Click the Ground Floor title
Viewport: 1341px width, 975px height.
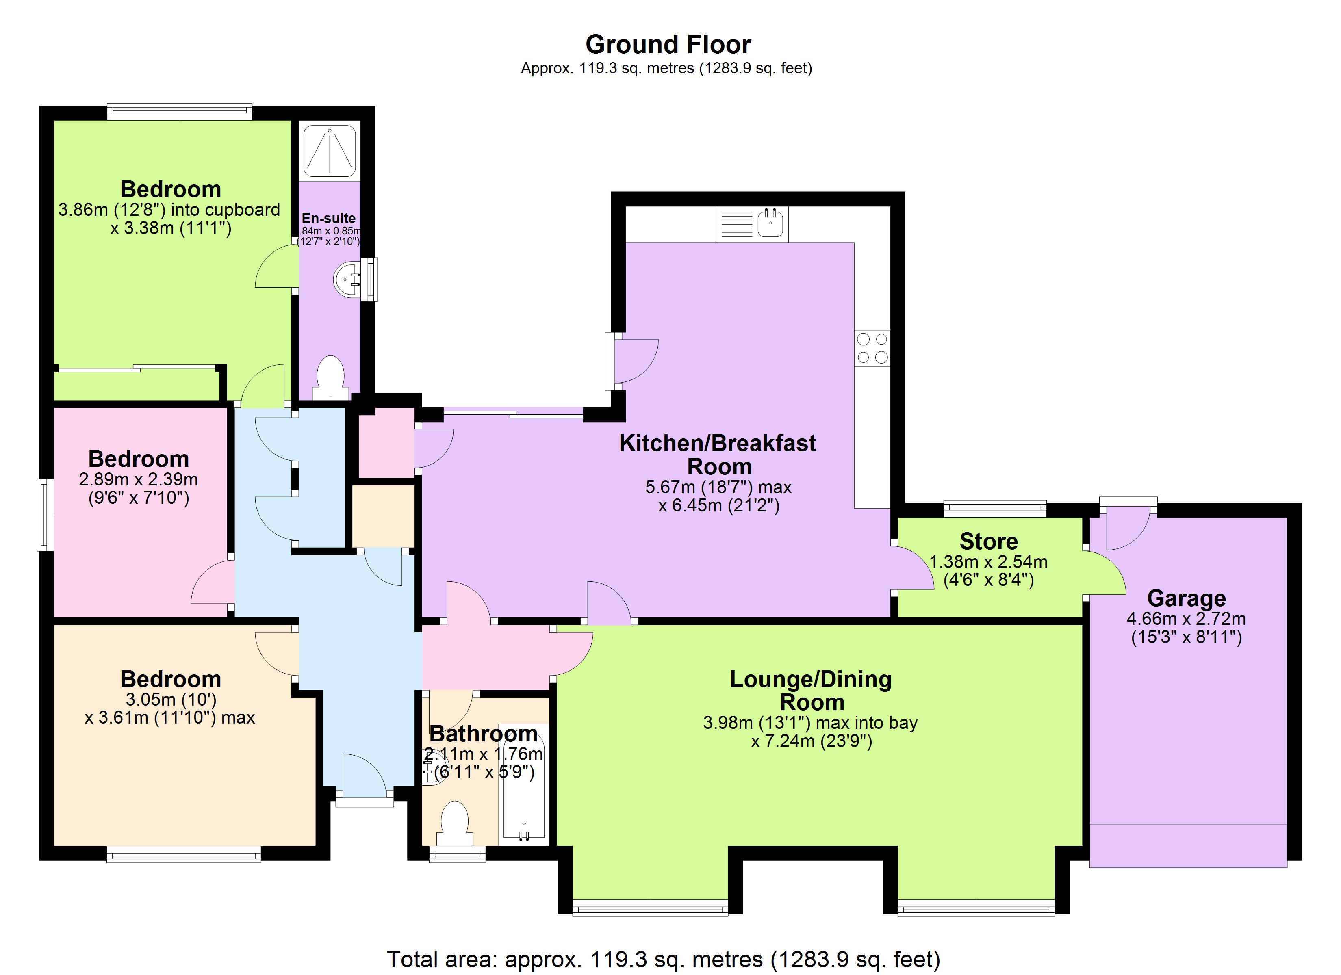point(668,44)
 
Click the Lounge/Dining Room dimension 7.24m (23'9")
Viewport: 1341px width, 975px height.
point(811,741)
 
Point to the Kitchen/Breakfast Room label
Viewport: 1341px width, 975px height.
point(717,455)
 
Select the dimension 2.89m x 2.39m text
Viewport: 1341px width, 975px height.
point(138,479)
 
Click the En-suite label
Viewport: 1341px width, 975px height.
point(329,218)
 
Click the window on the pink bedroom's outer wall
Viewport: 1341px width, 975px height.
point(45,514)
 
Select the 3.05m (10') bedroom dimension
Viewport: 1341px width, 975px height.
point(171,700)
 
